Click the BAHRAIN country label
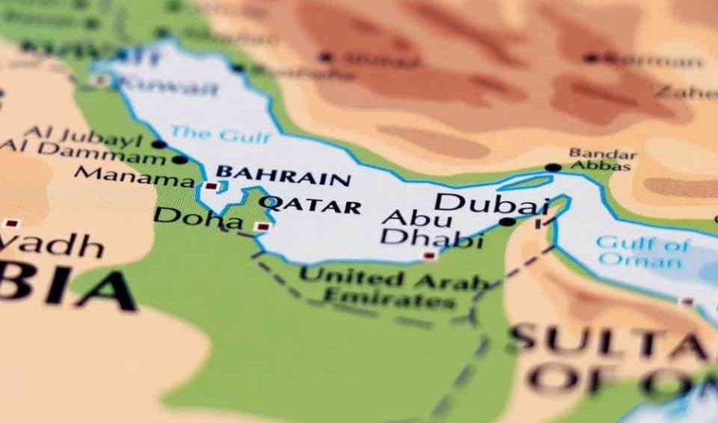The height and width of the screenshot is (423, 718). coord(283,176)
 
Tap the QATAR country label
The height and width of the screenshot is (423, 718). coord(313,204)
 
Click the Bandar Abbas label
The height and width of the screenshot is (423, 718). coord(603,159)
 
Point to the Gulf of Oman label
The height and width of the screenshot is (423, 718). coord(642,252)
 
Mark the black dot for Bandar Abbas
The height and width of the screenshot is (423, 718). coord(553,168)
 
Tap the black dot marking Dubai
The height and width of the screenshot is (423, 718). coord(507,222)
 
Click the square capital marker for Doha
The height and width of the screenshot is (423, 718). coord(262,226)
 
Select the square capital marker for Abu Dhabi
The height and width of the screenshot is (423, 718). coord(429,255)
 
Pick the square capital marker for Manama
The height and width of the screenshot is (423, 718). coord(212,185)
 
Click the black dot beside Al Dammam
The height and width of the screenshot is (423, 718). coord(179,159)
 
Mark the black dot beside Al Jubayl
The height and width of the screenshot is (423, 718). coord(158,144)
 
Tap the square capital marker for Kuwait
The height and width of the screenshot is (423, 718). coord(102,79)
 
